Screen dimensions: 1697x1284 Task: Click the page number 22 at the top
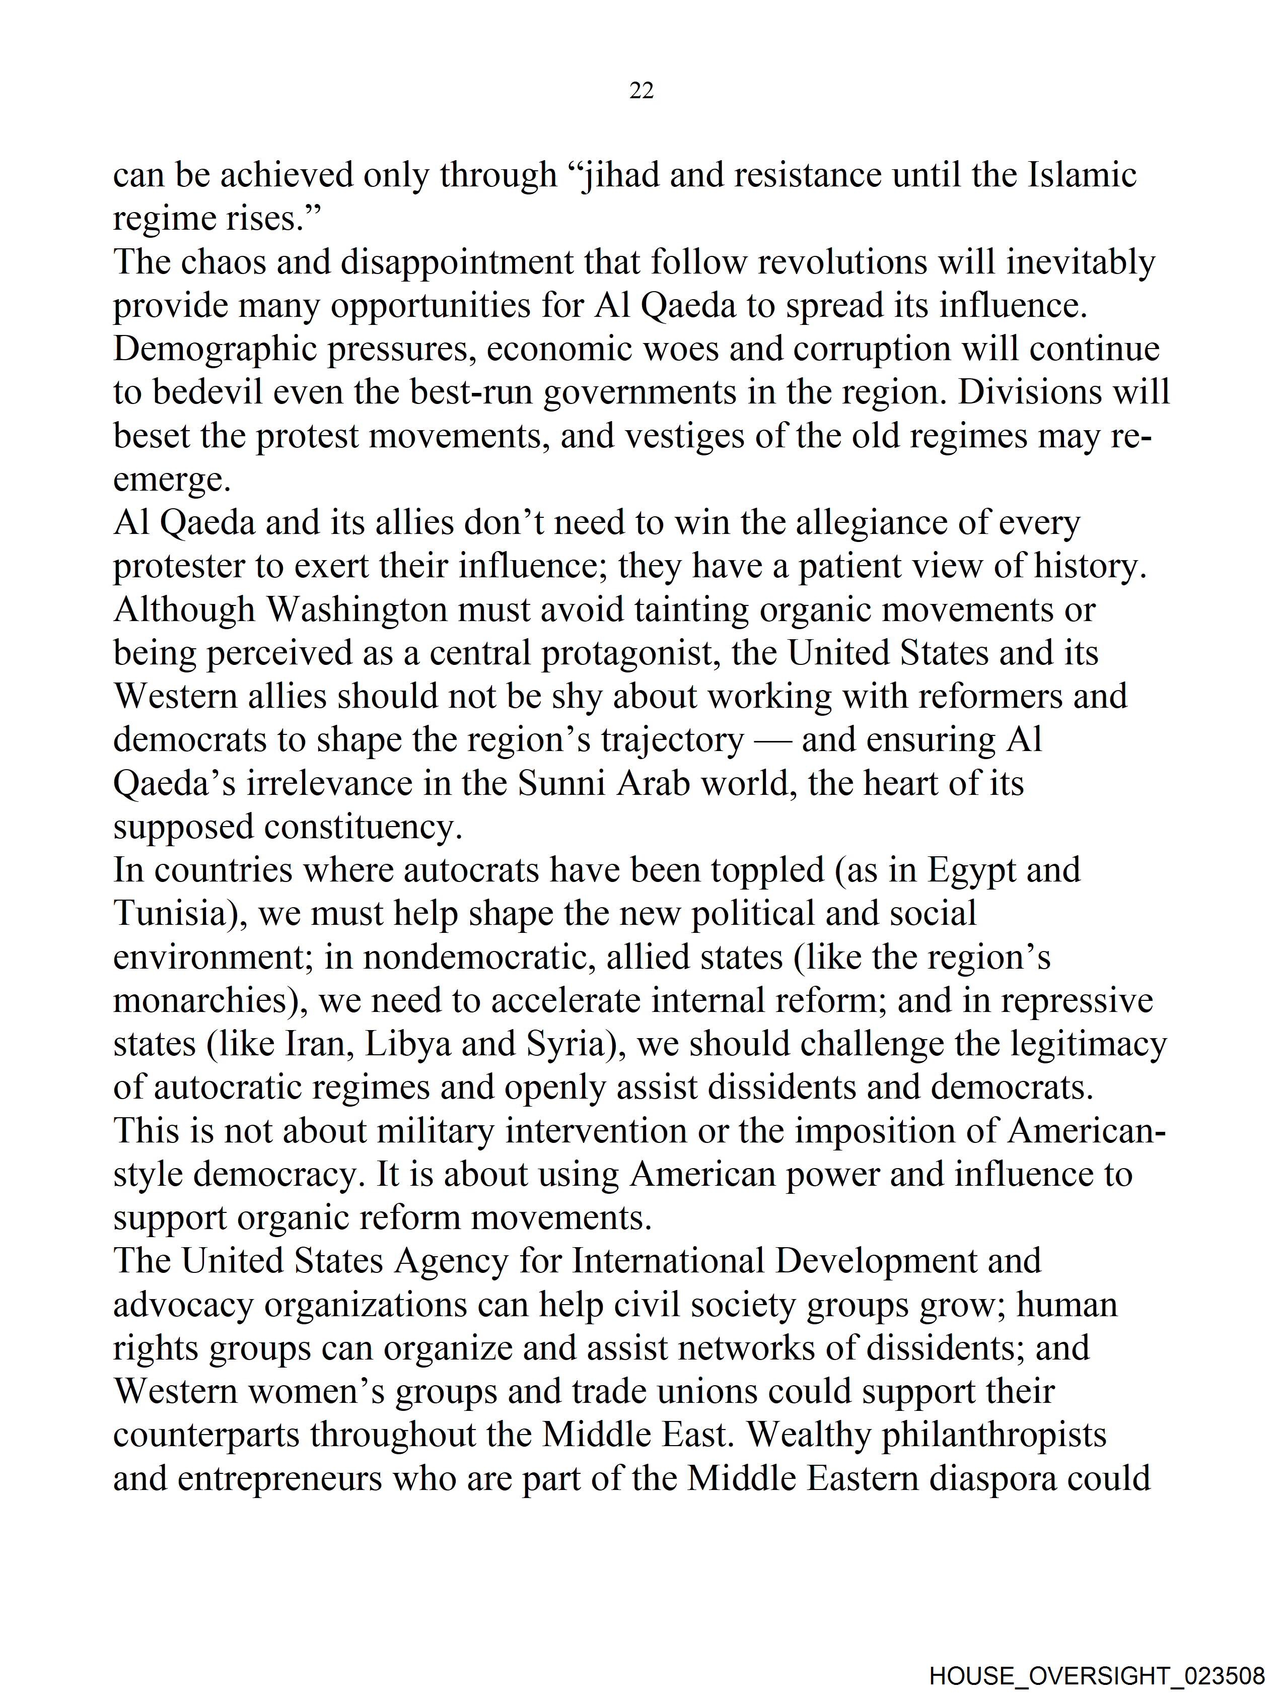(x=641, y=91)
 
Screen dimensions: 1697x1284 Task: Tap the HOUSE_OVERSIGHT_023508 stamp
(x=1097, y=1675)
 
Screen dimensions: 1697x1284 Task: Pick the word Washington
(x=358, y=610)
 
